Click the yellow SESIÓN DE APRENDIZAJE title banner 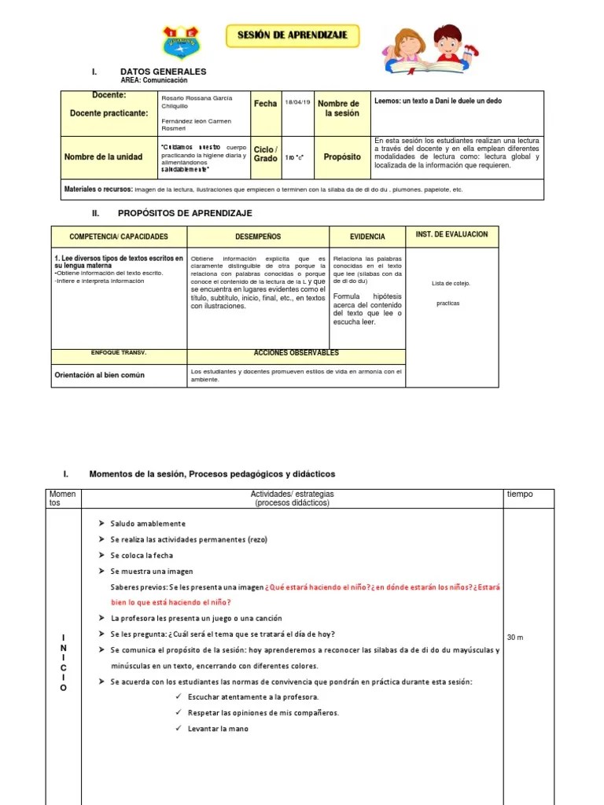pyautogui.click(x=293, y=35)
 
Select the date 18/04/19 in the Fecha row pyautogui.click(x=298, y=103)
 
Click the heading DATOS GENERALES pyautogui.click(x=163, y=72)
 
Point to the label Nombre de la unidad pyautogui.click(x=103, y=156)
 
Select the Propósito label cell pyautogui.click(x=341, y=156)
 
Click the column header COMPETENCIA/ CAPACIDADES pyautogui.click(x=118, y=236)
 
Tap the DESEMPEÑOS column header pyautogui.click(x=257, y=236)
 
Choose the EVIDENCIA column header pyautogui.click(x=367, y=236)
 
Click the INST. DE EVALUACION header pyautogui.click(x=451, y=234)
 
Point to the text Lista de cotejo pyautogui.click(x=451, y=283)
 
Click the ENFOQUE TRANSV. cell pyautogui.click(x=101, y=353)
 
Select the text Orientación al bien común pyautogui.click(x=99, y=375)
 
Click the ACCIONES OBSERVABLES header pyautogui.click(x=296, y=353)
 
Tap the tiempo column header pyautogui.click(x=519, y=494)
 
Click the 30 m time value pyautogui.click(x=515, y=637)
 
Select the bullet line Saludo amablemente pyautogui.click(x=148, y=524)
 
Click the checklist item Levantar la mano pyautogui.click(x=218, y=729)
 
